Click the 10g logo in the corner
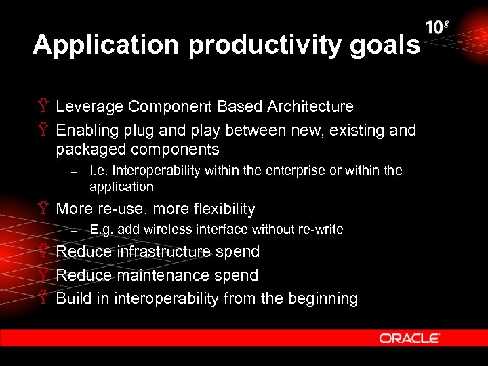[x=437, y=28]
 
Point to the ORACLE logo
[x=409, y=338]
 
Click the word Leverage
[x=89, y=106]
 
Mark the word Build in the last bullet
[x=74, y=298]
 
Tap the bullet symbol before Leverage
[x=43, y=106]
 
